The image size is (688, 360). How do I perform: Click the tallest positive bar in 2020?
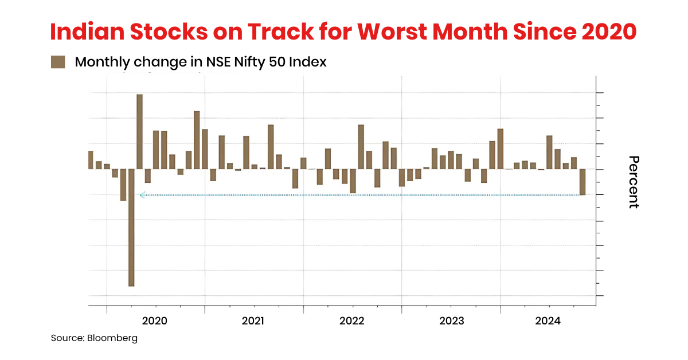[x=139, y=131]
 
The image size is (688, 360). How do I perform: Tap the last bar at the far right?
[x=583, y=182]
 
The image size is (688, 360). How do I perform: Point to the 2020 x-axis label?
[x=154, y=321]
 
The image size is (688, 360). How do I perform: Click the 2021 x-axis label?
[x=253, y=321]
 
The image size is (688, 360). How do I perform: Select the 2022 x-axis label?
[x=352, y=321]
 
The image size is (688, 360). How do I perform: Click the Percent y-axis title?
[x=634, y=182]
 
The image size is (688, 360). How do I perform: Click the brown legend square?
[x=58, y=62]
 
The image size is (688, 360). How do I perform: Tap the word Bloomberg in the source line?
[x=112, y=338]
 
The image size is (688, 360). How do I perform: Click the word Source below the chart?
[x=67, y=338]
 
